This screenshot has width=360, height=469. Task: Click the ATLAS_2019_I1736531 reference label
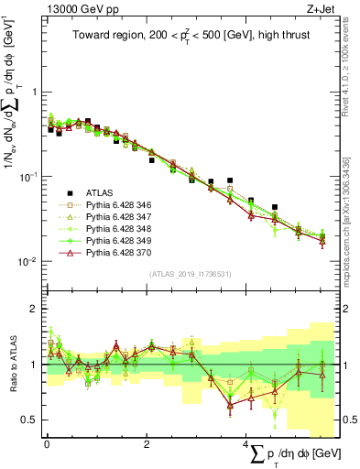190,273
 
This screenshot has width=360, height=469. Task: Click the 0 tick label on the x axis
47,444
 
